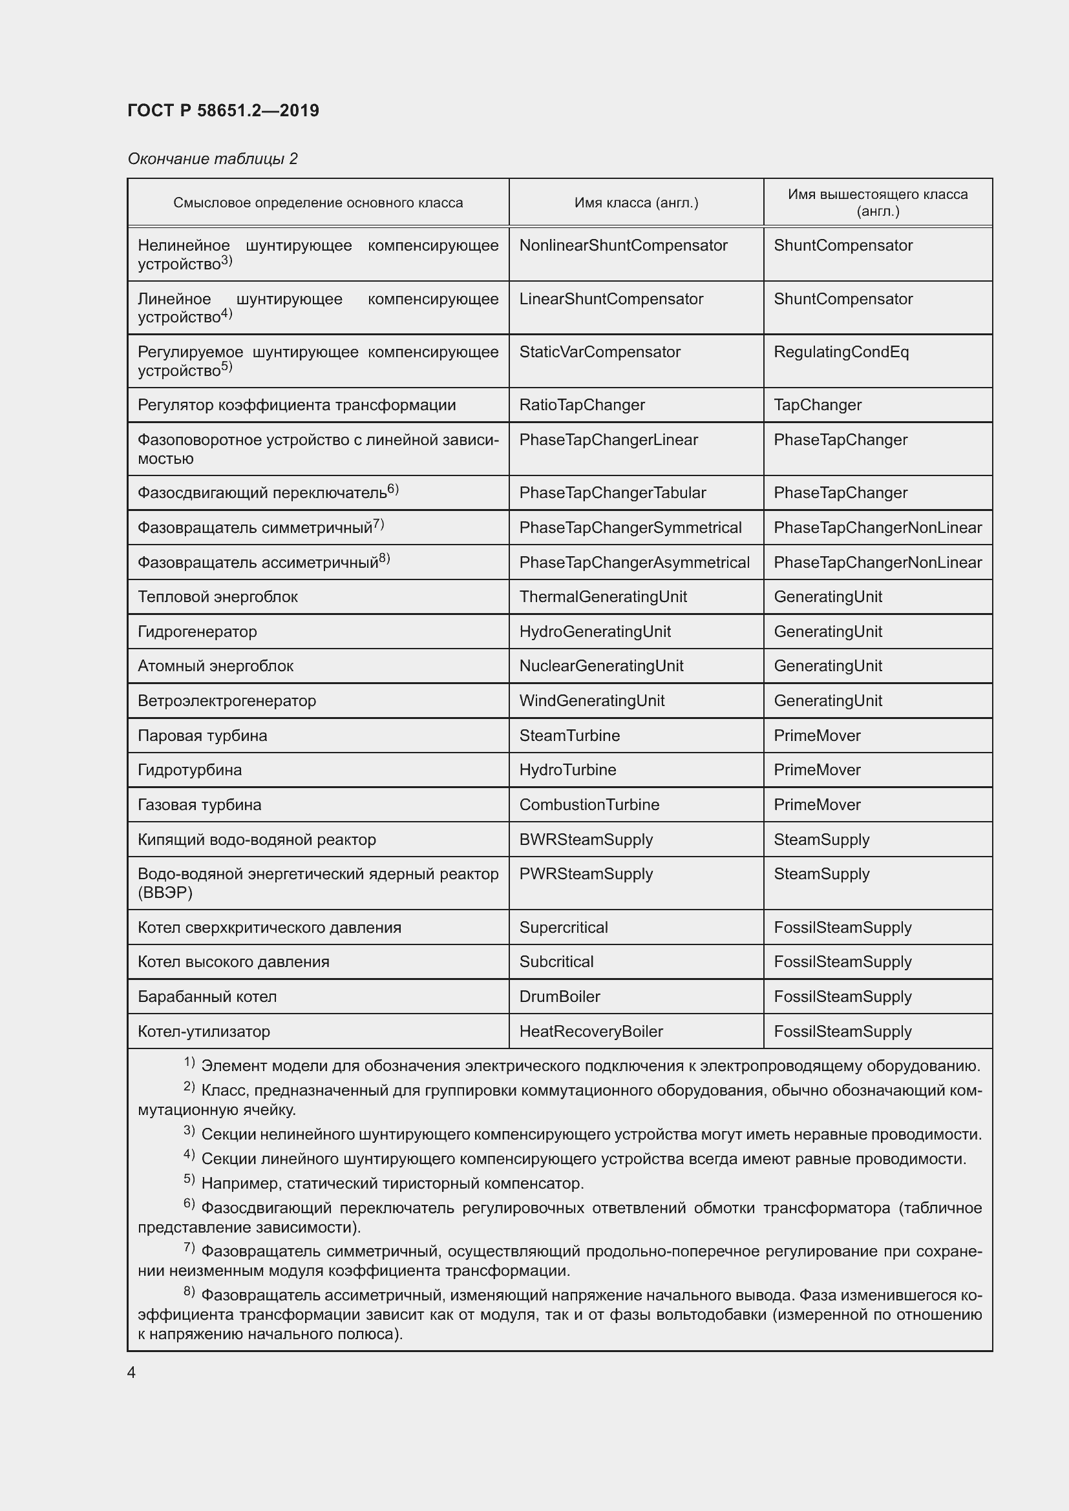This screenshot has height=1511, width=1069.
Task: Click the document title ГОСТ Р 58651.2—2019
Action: tap(223, 110)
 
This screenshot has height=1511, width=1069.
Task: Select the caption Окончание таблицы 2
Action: tap(212, 159)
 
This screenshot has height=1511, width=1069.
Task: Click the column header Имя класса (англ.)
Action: tap(636, 203)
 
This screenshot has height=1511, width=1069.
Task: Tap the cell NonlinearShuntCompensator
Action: tap(622, 245)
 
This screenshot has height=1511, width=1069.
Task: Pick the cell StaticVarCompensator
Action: tap(599, 352)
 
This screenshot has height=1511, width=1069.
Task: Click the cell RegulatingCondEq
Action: tap(841, 352)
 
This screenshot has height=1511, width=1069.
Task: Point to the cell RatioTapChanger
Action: tap(581, 405)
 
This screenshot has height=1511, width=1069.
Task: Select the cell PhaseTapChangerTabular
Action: tap(612, 493)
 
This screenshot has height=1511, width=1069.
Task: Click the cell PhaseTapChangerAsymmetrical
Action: tap(634, 563)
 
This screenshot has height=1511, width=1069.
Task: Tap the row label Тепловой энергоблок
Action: tap(217, 597)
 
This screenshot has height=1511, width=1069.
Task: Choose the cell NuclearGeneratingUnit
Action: tap(601, 666)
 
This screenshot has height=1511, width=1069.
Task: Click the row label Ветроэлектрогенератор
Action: tap(226, 701)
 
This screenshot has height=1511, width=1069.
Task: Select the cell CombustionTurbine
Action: tap(589, 805)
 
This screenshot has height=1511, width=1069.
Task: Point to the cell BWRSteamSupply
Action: tap(585, 840)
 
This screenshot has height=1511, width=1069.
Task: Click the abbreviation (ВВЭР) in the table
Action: tap(165, 893)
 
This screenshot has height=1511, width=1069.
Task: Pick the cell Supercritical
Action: tap(563, 928)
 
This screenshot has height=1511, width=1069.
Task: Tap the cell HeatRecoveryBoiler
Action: tap(591, 1032)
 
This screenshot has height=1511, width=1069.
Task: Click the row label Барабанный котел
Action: tap(207, 997)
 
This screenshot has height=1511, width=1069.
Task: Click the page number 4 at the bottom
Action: tap(131, 1373)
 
